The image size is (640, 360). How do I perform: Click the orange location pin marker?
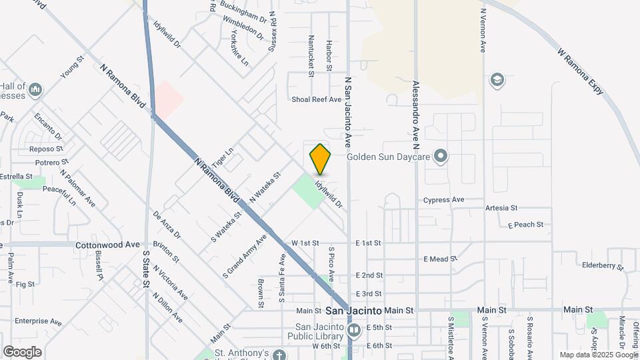pos(321,159)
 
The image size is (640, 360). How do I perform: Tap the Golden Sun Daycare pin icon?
pos(440,157)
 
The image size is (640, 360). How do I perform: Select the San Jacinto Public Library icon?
pos(355,330)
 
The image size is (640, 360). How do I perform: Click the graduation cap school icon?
pos(497,81)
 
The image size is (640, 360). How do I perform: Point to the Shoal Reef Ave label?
pos(317,99)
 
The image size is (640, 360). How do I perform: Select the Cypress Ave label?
pos(444,199)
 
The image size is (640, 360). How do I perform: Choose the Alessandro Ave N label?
pos(415,111)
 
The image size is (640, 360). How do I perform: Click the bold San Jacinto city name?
pos(353,311)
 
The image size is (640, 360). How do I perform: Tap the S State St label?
pos(145,269)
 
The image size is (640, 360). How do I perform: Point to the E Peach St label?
pos(526,225)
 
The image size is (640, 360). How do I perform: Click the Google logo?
pos(22,352)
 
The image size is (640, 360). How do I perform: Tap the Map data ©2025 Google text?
pos(598,355)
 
